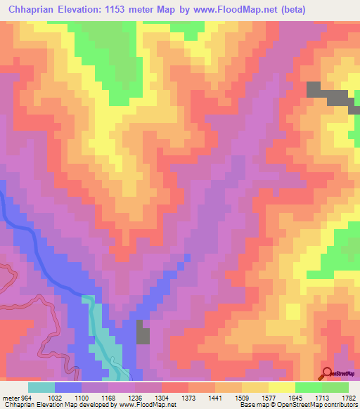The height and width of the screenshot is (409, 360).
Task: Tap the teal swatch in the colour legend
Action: pos(41,387)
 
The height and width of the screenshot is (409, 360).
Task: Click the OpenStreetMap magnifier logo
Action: pos(328,374)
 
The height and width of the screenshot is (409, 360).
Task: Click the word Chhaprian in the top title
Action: pos(32,9)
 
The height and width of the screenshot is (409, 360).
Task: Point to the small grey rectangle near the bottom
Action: pos(143,332)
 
